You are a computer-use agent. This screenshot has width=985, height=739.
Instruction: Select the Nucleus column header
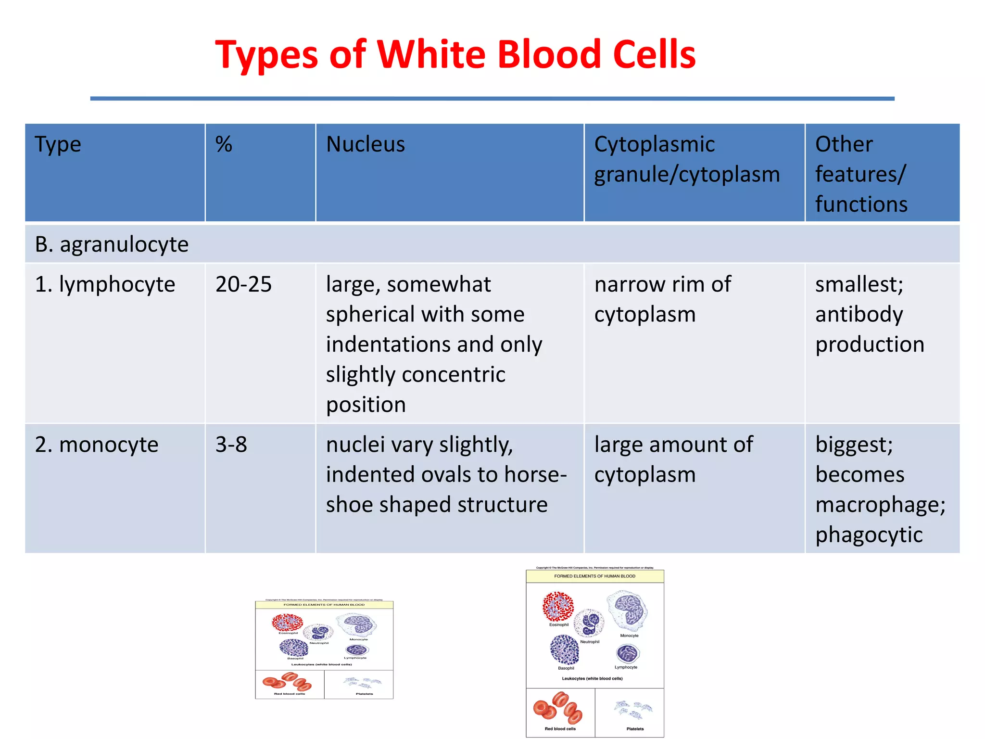[x=366, y=144]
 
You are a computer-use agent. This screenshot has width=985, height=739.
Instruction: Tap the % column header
[x=224, y=144]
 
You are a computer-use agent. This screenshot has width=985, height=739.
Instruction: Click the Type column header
[x=58, y=144]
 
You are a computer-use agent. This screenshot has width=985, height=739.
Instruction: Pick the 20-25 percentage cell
[x=243, y=284]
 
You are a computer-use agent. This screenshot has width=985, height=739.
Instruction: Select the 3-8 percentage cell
[x=231, y=445]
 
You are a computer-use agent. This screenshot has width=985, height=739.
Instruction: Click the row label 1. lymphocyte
[x=105, y=284]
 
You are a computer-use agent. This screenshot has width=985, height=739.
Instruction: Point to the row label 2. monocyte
[x=96, y=445]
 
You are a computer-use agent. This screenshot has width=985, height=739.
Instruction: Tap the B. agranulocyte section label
[x=112, y=244]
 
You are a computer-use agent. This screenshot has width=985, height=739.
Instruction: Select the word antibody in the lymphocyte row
[x=859, y=315]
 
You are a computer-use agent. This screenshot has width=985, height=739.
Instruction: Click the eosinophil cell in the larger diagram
[x=558, y=606]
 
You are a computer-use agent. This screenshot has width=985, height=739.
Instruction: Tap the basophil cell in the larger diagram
[x=564, y=650]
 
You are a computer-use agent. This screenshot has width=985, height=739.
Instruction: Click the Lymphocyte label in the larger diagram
[x=626, y=667]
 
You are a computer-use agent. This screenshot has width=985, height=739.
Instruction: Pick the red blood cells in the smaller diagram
[x=288, y=682]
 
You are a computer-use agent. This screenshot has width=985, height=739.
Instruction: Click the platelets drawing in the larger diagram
[x=634, y=710]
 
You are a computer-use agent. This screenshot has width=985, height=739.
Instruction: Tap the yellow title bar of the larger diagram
[x=594, y=576]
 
